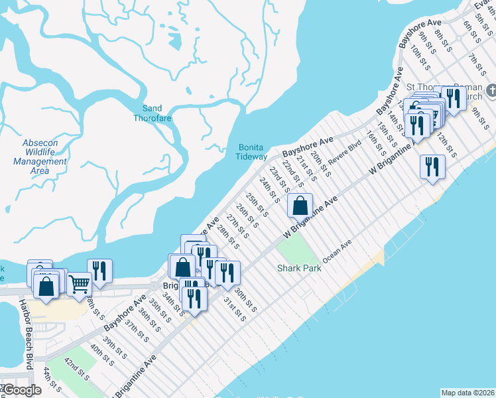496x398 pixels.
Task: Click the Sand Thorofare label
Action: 153,113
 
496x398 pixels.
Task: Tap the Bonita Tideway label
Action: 251,152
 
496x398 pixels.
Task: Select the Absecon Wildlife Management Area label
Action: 40,157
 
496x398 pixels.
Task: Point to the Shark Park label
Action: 299,268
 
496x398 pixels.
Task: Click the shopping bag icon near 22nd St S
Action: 300,205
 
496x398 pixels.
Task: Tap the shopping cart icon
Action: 79,284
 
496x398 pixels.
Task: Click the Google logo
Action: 22,390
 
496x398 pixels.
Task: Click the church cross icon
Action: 491,90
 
